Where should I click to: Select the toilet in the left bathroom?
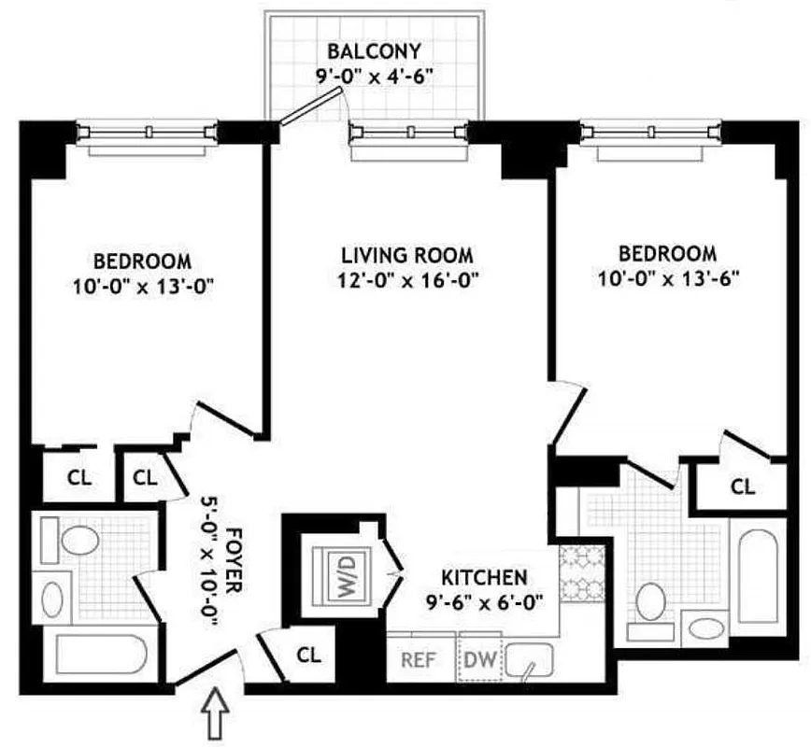[78, 541]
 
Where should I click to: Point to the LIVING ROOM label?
[406, 254]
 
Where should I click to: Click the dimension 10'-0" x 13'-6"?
[668, 278]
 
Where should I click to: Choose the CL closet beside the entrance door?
[308, 655]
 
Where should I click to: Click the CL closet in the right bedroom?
[743, 486]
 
